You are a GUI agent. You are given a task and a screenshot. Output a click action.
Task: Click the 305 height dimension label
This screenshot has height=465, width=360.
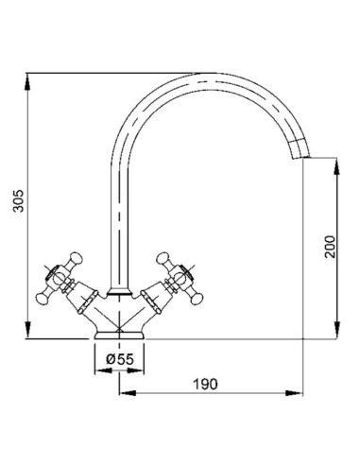(x=19, y=200)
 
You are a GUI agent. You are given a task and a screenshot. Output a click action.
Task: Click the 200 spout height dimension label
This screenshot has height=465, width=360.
(x=330, y=247)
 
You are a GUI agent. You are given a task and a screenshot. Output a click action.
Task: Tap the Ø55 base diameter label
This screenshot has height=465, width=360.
(x=120, y=359)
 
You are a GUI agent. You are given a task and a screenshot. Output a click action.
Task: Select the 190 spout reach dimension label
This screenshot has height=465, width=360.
(x=205, y=384)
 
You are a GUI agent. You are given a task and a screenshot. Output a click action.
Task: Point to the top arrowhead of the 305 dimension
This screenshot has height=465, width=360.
(x=28, y=82)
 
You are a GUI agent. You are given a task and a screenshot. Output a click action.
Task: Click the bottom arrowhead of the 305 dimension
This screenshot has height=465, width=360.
(x=28, y=330)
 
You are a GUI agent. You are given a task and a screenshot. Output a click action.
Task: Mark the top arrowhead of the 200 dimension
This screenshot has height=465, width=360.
(x=337, y=167)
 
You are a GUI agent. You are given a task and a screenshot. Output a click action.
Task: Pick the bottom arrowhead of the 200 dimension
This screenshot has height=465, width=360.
(x=337, y=330)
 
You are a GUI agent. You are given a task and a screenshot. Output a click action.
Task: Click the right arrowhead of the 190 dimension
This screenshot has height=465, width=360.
(x=294, y=393)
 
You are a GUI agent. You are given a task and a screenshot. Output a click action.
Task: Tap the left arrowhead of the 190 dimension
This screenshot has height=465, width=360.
(x=128, y=393)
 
